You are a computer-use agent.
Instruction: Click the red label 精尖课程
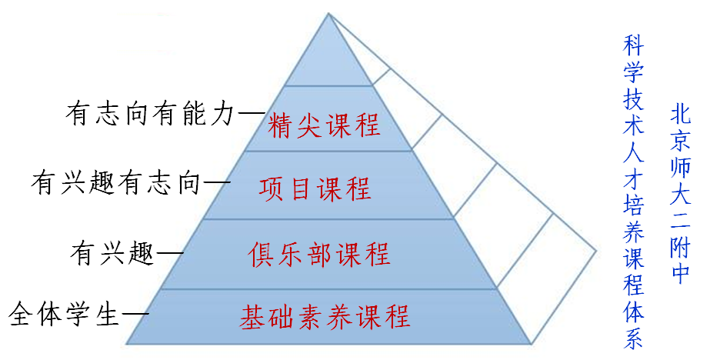[x=325, y=125]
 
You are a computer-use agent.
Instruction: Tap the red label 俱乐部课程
[x=319, y=254]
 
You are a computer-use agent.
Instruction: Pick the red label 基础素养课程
[x=324, y=316]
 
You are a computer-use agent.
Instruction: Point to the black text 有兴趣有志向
[x=115, y=183]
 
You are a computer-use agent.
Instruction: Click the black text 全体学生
[x=65, y=315]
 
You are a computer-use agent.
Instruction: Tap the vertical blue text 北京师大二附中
[x=680, y=192]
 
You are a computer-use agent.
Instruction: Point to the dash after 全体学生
[x=136, y=315]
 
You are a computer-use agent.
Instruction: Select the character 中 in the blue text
[x=680, y=273]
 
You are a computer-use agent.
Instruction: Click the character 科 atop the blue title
[x=632, y=45]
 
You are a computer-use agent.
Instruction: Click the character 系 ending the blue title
[x=632, y=339]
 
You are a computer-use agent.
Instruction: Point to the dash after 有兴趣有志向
[x=215, y=183]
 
